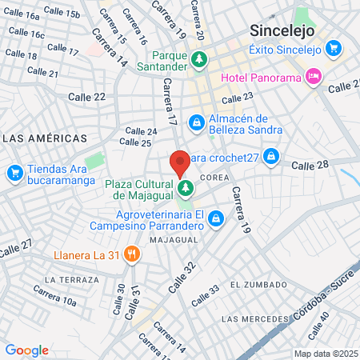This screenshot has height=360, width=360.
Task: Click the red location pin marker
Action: (x=180, y=163)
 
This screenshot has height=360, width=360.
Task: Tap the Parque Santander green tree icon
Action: (x=198, y=59)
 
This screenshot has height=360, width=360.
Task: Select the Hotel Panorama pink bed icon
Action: (x=314, y=77)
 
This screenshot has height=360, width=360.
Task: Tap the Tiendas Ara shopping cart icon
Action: (x=14, y=172)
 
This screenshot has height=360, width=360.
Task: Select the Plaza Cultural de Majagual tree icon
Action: (x=186, y=189)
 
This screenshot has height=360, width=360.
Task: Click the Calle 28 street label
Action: (x=310, y=165)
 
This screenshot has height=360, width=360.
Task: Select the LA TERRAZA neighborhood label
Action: (x=72, y=280)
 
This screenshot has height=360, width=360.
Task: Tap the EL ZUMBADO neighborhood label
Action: (x=258, y=285)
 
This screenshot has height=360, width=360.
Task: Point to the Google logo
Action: (x=26, y=350)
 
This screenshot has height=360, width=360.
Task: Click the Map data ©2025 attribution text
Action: (x=326, y=354)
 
